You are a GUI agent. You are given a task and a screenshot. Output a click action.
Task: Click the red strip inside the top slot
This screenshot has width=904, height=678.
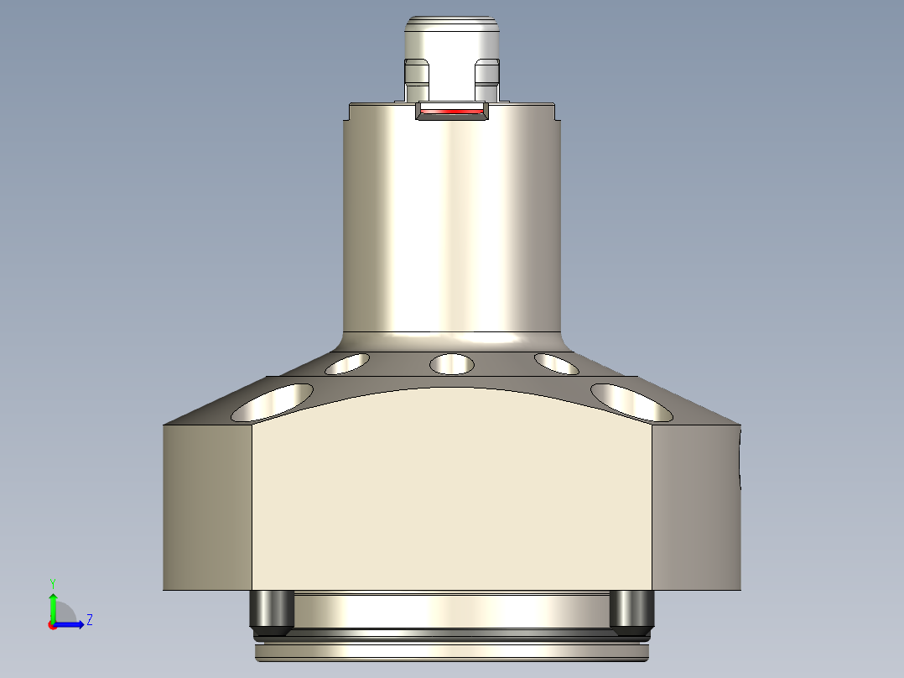452,111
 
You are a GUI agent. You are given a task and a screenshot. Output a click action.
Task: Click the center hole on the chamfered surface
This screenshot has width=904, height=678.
452,364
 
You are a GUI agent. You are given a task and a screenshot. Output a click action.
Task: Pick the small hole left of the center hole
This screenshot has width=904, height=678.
347,363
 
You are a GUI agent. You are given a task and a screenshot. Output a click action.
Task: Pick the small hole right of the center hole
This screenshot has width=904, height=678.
556,363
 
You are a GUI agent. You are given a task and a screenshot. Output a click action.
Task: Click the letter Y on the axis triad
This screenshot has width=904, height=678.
52,582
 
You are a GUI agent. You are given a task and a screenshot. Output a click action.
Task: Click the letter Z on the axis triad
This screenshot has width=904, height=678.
89,620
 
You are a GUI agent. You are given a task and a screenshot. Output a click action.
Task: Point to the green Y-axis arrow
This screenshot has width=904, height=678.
52,606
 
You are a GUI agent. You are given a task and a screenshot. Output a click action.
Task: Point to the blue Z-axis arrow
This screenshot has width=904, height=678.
72,624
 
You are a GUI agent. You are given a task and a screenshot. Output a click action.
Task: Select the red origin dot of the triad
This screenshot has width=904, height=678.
52,625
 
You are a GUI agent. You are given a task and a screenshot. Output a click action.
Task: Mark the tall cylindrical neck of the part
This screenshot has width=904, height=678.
452,227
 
